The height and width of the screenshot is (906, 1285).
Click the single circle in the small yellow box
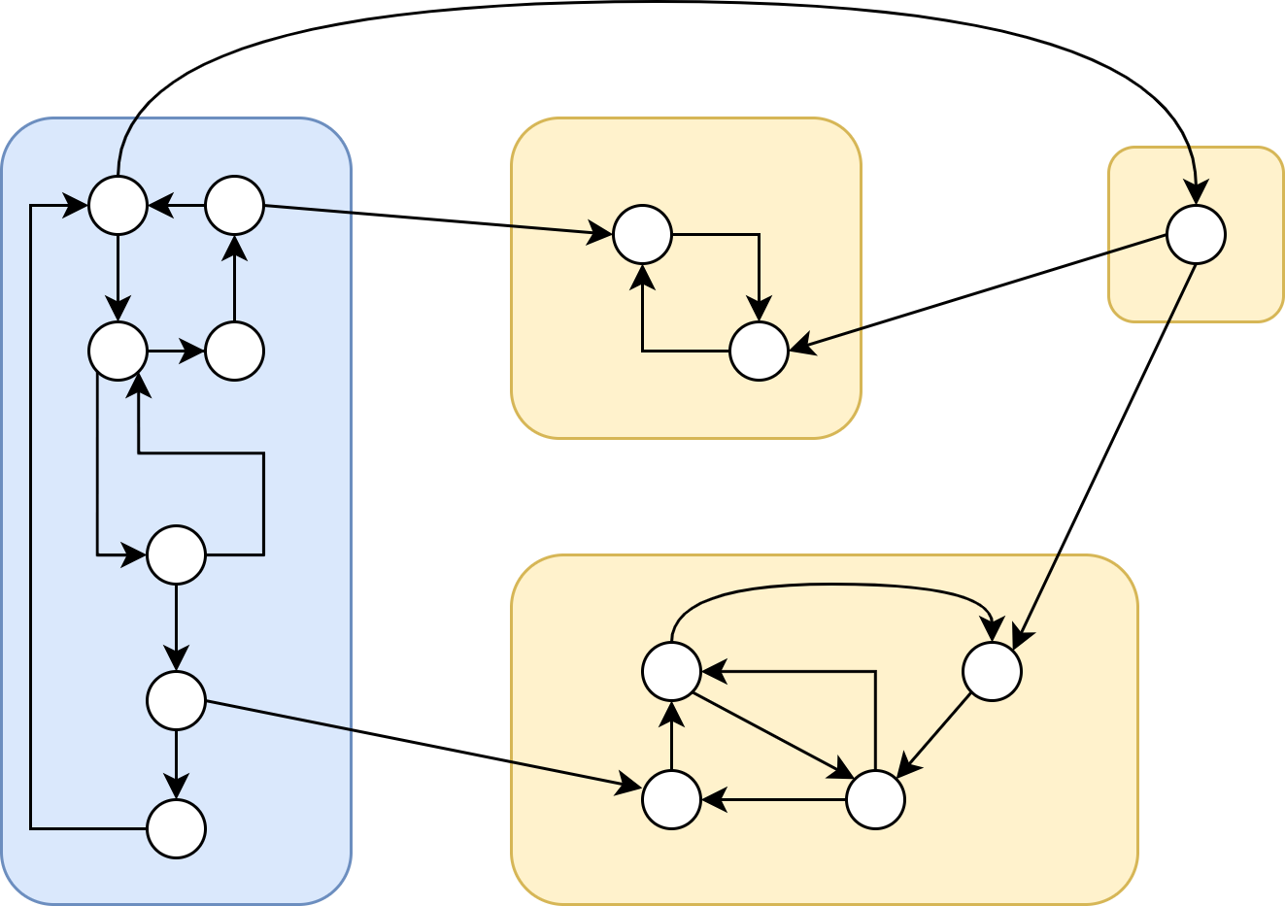click(1196, 234)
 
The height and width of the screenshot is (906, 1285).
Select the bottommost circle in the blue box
click(176, 828)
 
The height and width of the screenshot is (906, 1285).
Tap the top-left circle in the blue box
click(118, 205)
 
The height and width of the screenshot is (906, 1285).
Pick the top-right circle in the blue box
click(234, 205)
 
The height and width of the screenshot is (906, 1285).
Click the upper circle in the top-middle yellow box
click(642, 234)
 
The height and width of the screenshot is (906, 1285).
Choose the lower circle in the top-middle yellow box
click(759, 351)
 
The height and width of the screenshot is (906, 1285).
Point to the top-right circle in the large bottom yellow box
click(992, 671)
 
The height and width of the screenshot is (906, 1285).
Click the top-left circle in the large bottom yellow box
click(671, 671)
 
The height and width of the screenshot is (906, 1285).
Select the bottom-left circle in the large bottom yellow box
click(671, 799)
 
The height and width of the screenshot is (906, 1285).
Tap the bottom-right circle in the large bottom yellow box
click(875, 799)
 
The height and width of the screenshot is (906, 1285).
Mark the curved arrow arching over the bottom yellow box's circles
click(830, 585)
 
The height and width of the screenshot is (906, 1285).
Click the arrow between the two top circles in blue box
click(176, 205)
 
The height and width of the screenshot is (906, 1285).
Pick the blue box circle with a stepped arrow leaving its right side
click(176, 554)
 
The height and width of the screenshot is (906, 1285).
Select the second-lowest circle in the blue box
click(176, 700)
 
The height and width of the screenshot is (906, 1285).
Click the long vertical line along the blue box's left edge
click(31, 515)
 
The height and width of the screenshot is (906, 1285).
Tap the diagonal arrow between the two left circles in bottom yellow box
click(774, 735)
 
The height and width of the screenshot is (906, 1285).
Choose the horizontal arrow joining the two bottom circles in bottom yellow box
click(773, 800)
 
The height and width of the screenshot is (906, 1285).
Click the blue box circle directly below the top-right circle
click(234, 351)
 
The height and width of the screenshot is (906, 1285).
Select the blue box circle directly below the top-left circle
click(118, 351)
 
